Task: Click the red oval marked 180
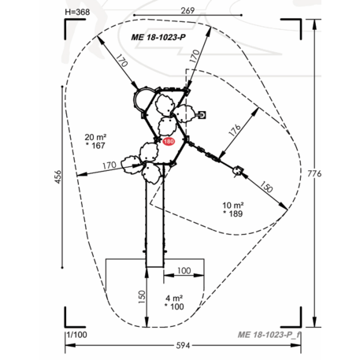pos(169,142)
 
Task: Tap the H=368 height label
pos(77,12)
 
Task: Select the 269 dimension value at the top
pos(187,10)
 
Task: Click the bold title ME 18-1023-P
pos(158,37)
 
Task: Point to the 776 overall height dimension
pos(314,173)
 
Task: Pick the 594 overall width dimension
pos(183,346)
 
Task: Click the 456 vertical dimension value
pos(58,176)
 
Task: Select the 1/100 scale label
pos(77,335)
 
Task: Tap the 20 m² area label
pos(95,137)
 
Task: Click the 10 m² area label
pos(233,205)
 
